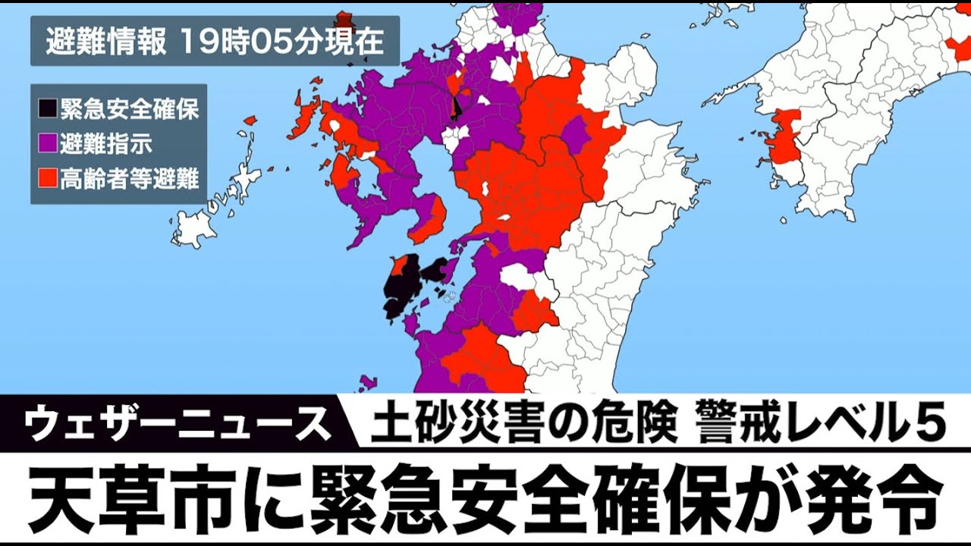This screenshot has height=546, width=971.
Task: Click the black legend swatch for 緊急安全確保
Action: coord(47,108)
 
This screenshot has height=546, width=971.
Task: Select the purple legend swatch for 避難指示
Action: coord(47,143)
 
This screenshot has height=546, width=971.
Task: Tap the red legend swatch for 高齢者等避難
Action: coord(47,179)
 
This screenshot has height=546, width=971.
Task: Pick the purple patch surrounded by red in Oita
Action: coord(577,133)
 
